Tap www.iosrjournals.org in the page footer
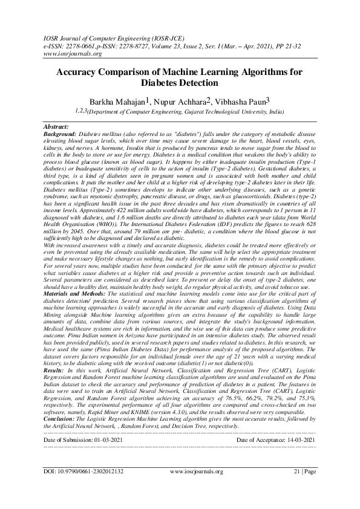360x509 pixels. pos(197,488)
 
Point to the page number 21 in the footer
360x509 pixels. pos(297,488)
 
